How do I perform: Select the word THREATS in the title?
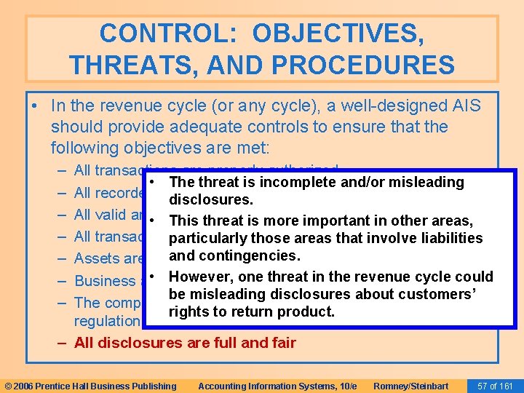(128, 65)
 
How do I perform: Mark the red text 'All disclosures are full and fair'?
(185, 343)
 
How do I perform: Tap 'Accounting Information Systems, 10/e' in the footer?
(277, 386)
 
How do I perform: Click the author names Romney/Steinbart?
(410, 386)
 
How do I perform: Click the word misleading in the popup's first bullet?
(424, 182)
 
